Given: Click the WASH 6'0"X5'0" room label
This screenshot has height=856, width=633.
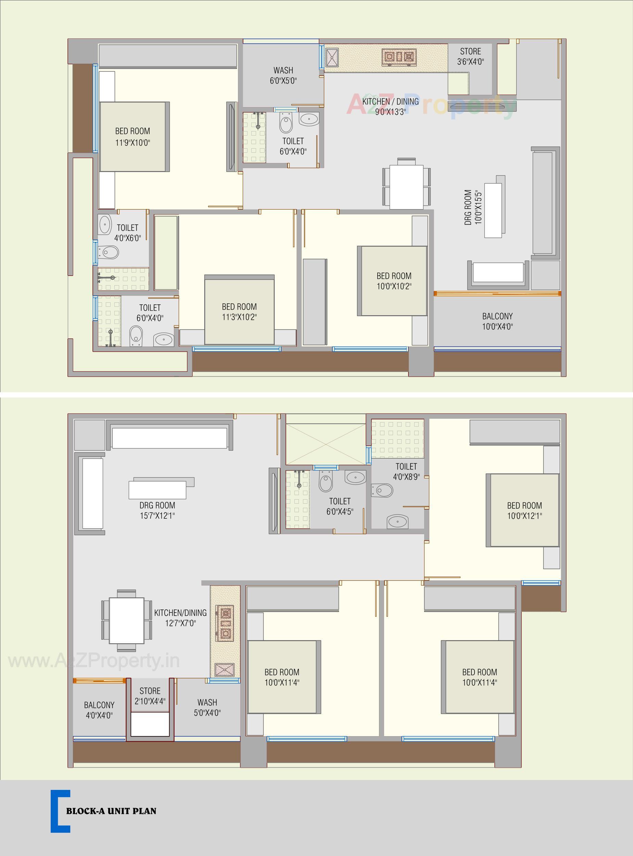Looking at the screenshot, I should [283, 75].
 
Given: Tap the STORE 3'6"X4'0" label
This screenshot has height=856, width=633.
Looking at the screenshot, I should [470, 56].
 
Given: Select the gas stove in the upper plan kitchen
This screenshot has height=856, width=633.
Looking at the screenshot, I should [399, 57].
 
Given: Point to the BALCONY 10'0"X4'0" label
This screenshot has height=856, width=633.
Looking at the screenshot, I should [497, 321].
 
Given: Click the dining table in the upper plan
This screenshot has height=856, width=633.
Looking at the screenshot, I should [407, 187].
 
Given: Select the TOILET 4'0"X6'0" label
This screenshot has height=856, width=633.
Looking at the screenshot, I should [127, 232].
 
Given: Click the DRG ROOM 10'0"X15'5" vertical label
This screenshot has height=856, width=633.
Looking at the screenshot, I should [472, 207].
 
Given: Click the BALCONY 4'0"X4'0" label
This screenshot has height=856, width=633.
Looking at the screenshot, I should [99, 710].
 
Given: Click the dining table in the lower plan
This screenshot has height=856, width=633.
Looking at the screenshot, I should [126, 621].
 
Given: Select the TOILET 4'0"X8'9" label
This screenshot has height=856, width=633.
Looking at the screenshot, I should [406, 471].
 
